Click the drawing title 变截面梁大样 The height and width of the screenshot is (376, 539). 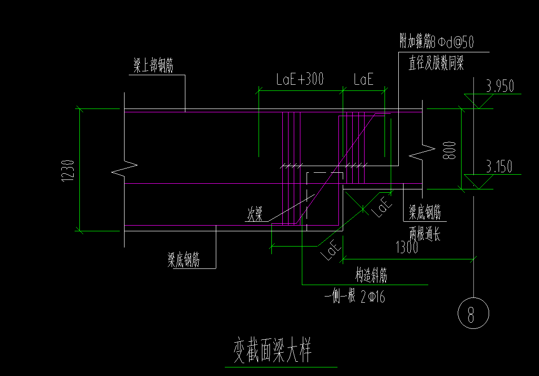tap(272, 351)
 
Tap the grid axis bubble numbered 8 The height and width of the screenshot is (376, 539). tap(472, 314)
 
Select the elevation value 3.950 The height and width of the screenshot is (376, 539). tap(500, 86)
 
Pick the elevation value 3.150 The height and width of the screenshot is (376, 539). tap(499, 167)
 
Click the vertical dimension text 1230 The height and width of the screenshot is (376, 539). tap(68, 170)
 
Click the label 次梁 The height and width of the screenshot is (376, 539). tap(254, 215)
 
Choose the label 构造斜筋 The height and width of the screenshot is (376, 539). tap(371, 276)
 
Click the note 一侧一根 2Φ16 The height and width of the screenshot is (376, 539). tap(355, 297)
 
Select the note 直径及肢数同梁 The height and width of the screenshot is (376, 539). tap(436, 63)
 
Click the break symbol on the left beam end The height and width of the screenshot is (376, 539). tap(124, 168)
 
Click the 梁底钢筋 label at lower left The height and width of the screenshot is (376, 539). tap(183, 260)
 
